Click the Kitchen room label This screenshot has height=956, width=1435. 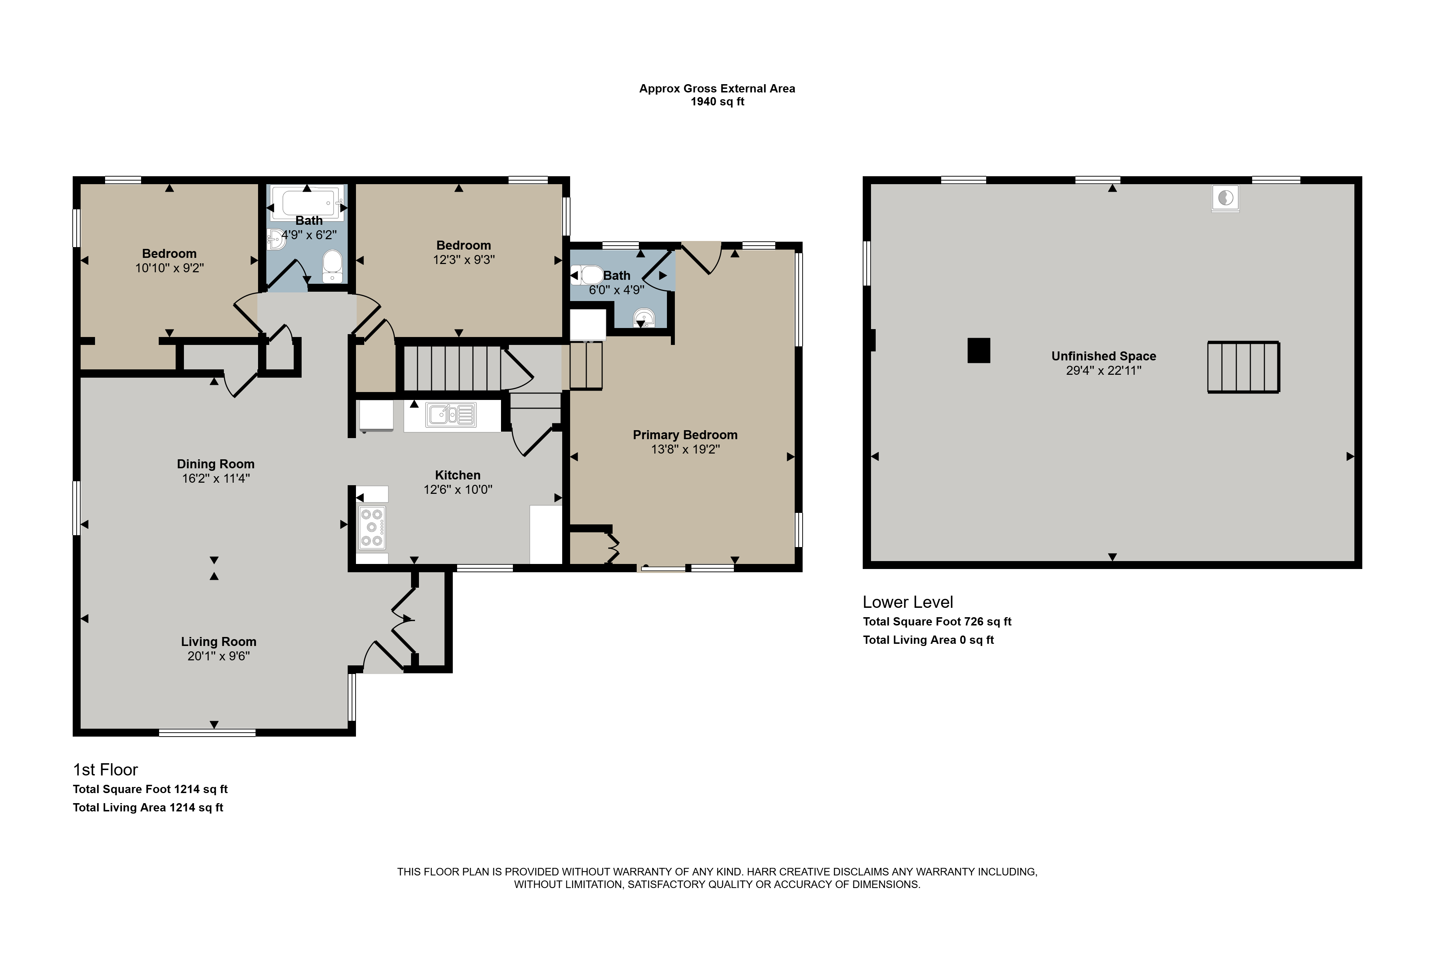(457, 475)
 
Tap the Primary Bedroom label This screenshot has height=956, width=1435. (685, 435)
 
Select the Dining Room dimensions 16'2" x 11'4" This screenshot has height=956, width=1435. (216, 479)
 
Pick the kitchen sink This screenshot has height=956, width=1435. (451, 415)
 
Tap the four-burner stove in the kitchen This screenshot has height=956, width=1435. (371, 527)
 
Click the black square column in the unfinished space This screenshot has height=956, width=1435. (979, 351)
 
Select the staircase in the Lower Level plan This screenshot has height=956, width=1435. (1244, 367)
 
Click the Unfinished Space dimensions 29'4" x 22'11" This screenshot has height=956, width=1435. (1104, 371)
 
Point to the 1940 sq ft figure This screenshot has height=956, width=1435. (718, 102)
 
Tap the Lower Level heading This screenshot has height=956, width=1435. (908, 602)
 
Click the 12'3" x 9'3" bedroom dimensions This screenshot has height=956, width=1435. (464, 260)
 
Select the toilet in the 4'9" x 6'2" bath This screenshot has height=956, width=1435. (333, 266)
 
